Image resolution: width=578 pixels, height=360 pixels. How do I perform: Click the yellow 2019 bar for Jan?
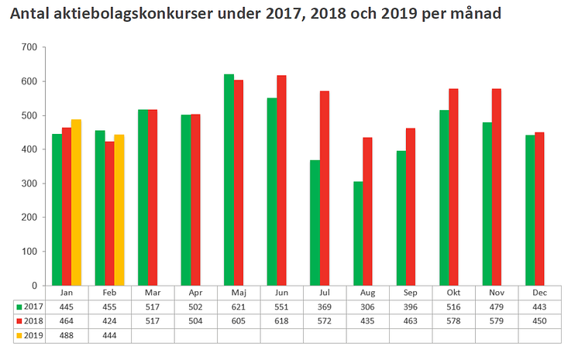(77, 202)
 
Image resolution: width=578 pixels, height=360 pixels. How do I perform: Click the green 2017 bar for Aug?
(358, 233)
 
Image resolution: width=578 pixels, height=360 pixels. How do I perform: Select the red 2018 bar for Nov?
(497, 187)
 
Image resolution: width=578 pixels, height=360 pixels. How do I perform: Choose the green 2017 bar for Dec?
(530, 210)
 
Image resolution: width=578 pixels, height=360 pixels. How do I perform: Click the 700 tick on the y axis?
(29, 47)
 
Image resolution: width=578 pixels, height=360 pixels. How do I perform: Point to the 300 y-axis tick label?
(29, 183)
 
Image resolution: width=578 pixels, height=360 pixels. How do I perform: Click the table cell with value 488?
(66, 335)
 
